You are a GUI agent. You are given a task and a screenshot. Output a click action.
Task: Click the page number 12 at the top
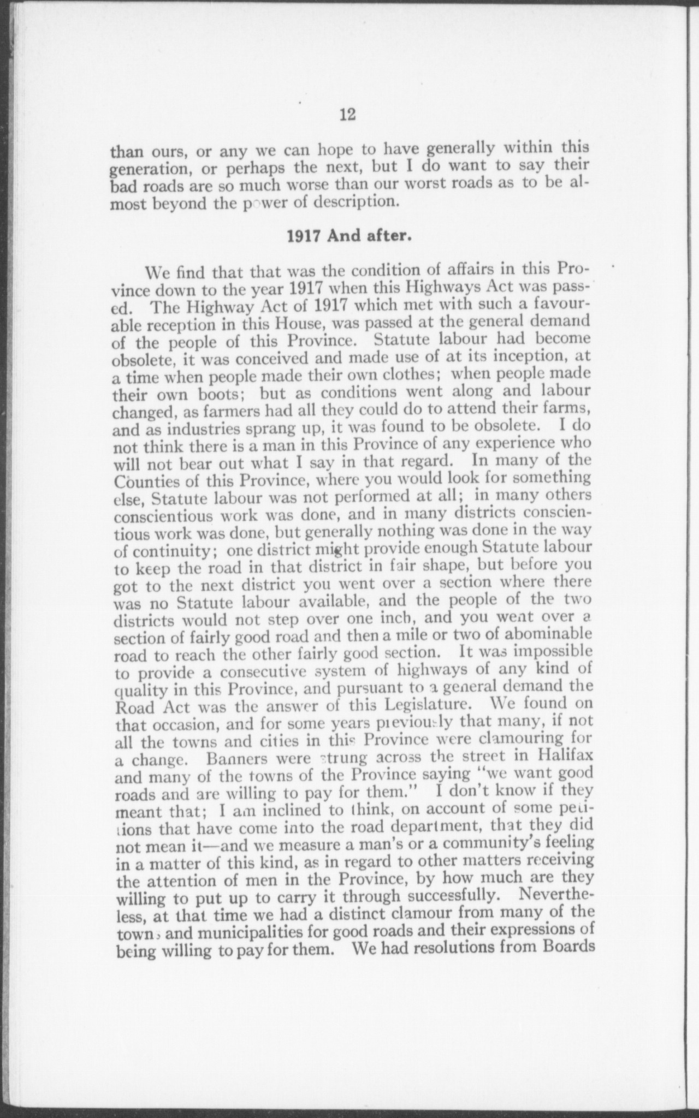click(348, 115)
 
